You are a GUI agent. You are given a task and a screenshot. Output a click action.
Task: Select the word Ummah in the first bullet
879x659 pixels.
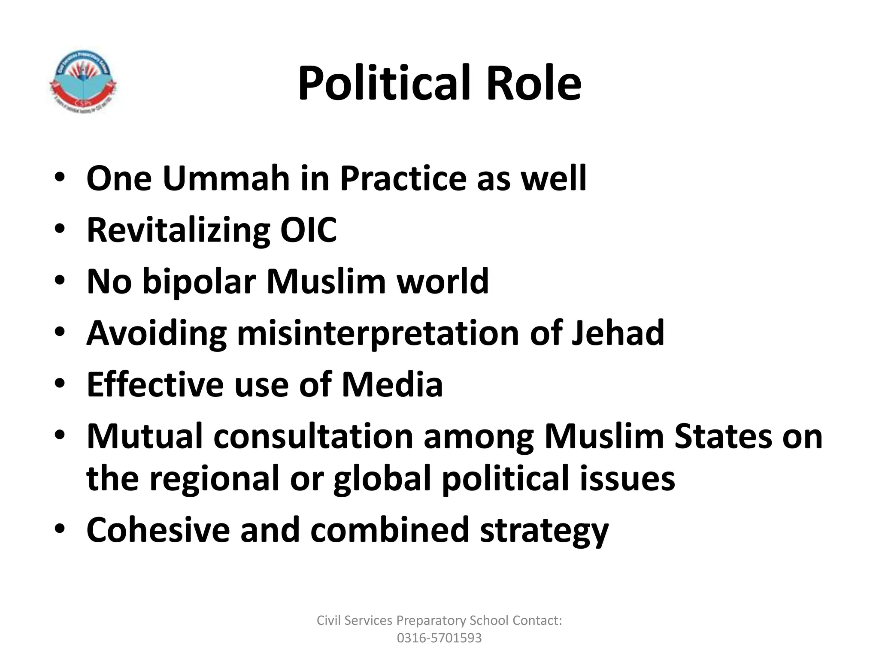(x=226, y=178)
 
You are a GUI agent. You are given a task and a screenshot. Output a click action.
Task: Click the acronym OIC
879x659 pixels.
(x=308, y=230)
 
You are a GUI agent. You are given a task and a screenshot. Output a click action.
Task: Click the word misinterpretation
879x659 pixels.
(x=378, y=333)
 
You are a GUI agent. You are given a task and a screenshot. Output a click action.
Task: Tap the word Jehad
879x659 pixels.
(x=618, y=333)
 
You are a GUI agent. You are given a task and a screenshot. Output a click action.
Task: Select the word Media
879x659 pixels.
(x=392, y=384)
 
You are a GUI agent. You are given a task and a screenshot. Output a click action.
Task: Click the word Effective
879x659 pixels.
(x=155, y=384)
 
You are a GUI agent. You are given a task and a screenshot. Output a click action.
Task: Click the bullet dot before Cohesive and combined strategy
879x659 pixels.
(x=60, y=528)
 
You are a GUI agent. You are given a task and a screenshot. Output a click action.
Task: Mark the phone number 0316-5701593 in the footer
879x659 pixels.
(x=439, y=638)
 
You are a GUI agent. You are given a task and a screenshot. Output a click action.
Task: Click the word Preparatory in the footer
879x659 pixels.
(x=431, y=620)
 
